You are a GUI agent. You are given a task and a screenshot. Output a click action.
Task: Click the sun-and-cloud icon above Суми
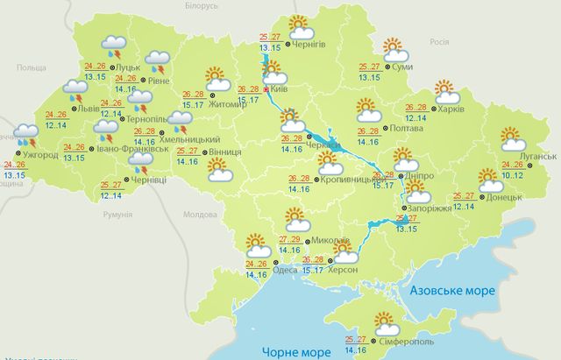pyautogui.click(x=396, y=47)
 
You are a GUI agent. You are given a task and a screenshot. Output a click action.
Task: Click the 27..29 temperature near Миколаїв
pyautogui.click(x=290, y=239)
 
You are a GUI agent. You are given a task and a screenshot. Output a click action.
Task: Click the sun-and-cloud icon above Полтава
pyautogui.click(x=368, y=110)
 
